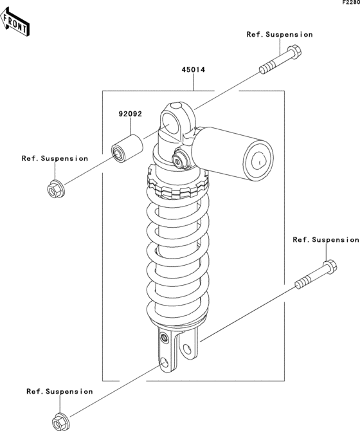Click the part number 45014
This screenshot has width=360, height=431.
pos(194,70)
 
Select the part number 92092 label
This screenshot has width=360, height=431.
pos(130,114)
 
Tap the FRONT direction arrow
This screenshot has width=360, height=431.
pos(15,23)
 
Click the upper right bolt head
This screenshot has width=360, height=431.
pos(294,51)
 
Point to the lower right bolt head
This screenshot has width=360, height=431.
pos(330,266)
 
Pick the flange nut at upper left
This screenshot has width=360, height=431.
pos(56,188)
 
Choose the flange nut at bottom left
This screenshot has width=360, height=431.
pos(61,421)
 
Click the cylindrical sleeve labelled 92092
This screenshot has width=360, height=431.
pos(127,148)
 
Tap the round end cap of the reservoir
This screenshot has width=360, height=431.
pos(258,161)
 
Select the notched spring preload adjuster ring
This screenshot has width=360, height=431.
pos(177,183)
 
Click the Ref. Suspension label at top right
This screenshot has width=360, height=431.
pos(280,35)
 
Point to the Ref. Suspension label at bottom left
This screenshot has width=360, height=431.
pos(60,391)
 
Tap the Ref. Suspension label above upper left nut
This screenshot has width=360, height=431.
pos(55,159)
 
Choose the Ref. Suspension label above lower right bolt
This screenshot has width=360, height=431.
pos(326,240)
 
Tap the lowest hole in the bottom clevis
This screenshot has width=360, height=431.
pos(165,362)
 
